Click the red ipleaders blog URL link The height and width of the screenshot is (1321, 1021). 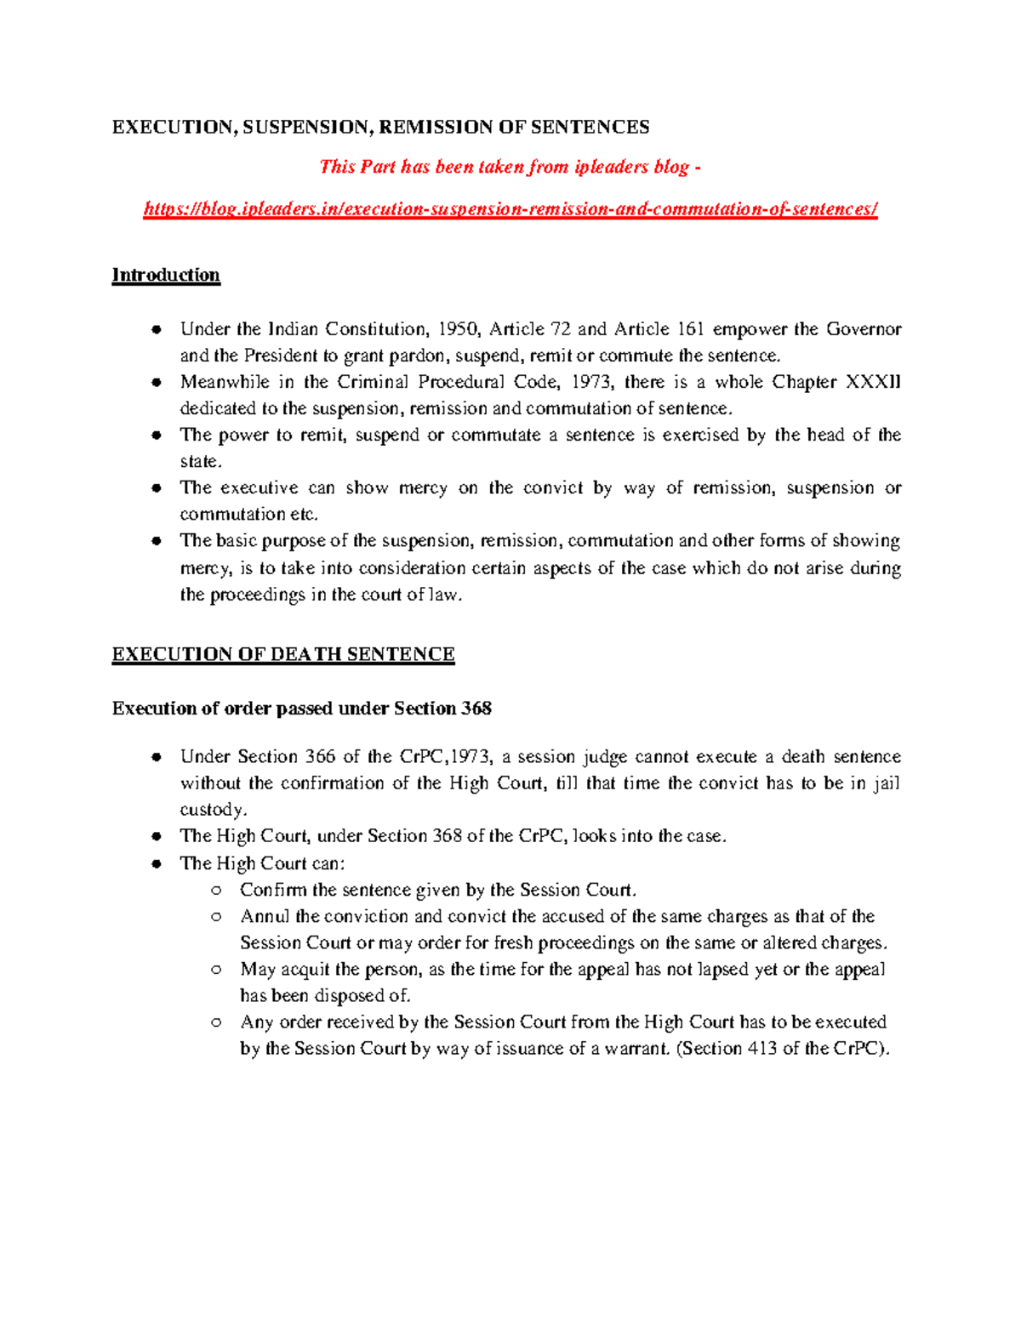(510, 209)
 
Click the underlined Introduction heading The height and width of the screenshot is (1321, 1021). (166, 275)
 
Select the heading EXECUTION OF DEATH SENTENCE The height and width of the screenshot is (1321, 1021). (283, 654)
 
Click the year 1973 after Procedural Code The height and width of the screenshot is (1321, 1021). (590, 382)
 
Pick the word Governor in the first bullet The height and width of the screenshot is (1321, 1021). (864, 329)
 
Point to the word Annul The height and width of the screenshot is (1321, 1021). (265, 917)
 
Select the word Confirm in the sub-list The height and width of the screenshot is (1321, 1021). (273, 891)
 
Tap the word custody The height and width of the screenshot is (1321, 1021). (213, 810)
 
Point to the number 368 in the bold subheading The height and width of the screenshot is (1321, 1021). (476, 709)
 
